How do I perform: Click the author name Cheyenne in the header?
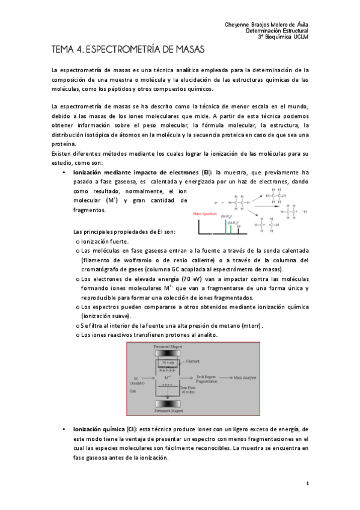click(x=239, y=24)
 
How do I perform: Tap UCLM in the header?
click(x=300, y=37)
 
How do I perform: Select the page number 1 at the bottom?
click(x=307, y=483)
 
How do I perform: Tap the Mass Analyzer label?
click(x=245, y=378)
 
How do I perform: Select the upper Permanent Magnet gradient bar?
click(x=166, y=354)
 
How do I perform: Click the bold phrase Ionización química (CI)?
click(x=102, y=429)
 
